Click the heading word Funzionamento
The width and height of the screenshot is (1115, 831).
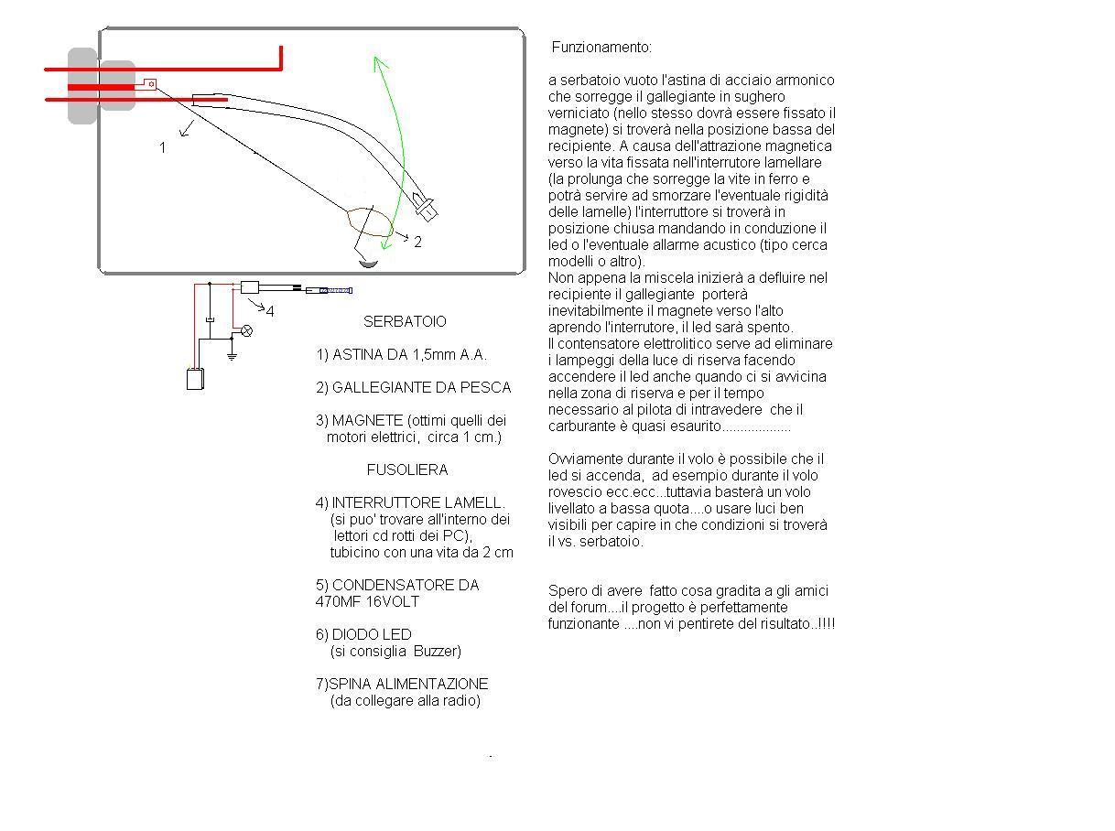tap(601, 47)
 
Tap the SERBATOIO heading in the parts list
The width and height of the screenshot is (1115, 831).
tap(405, 322)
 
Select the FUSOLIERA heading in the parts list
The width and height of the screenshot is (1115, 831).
tap(407, 470)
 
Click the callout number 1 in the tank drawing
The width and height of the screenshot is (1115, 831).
tap(163, 147)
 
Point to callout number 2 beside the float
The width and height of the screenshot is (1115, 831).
tap(417, 243)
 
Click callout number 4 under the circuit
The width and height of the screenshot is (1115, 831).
tap(270, 311)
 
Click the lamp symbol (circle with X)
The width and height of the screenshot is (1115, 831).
tap(245, 330)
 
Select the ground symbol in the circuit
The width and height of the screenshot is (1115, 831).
tap(232, 354)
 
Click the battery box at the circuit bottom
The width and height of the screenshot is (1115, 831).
tap(195, 379)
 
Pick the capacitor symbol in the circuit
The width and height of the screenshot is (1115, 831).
tap(210, 318)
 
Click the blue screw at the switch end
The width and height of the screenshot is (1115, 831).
tap(337, 290)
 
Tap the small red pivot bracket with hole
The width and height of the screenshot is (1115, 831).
tap(150, 84)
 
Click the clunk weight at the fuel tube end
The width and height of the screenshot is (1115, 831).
tap(426, 206)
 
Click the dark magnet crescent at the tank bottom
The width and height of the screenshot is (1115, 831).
tap(367, 263)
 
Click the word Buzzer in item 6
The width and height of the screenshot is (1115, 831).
tap(437, 652)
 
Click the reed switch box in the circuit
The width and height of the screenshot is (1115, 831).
tap(250, 287)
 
